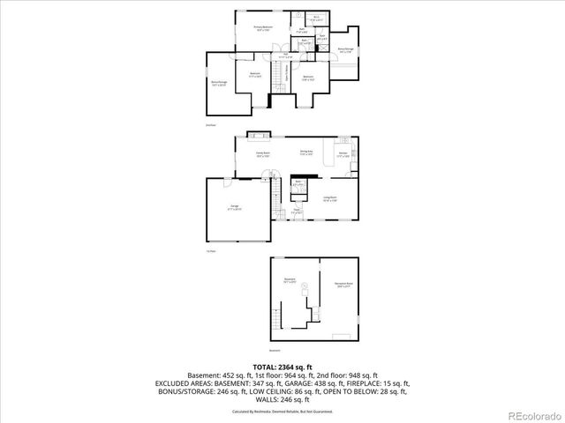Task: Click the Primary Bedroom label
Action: click(263, 29)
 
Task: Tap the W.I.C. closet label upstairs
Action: click(316, 18)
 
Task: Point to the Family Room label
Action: click(262, 154)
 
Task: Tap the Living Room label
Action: click(330, 198)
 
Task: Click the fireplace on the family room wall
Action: click(259, 135)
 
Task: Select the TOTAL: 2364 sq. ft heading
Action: click(282, 367)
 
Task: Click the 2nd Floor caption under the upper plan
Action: click(210, 125)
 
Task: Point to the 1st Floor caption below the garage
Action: click(210, 252)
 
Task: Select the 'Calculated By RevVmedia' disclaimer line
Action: click(282, 411)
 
